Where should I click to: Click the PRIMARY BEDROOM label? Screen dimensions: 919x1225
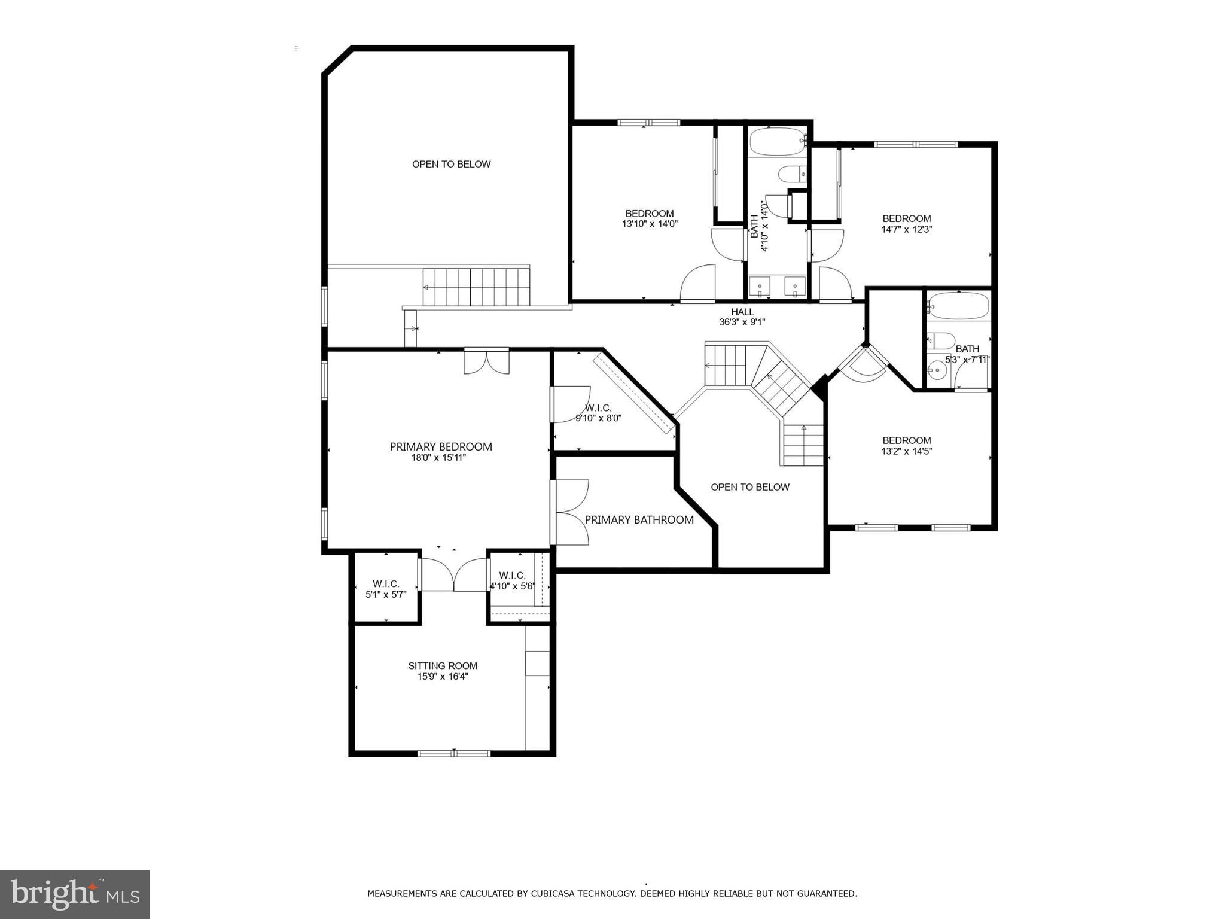[x=441, y=446]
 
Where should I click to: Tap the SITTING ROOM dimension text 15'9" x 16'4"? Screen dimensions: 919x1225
[x=443, y=677]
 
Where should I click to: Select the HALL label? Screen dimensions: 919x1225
[x=742, y=312]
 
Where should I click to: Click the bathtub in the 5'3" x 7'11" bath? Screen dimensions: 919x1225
[x=959, y=306]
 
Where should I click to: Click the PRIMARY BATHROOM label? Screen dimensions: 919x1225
[x=639, y=520]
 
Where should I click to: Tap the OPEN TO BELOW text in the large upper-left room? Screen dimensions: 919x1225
[x=451, y=164]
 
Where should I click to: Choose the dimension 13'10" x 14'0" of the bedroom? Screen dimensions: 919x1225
[x=650, y=224]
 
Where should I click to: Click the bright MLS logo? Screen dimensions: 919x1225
[x=75, y=894]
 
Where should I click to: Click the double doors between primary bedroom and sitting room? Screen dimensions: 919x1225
[x=454, y=574]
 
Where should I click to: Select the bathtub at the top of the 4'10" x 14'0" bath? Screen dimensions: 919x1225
[x=777, y=141]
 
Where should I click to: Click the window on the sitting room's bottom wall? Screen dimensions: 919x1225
[x=454, y=753]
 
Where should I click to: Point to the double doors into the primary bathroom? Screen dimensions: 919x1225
[x=572, y=512]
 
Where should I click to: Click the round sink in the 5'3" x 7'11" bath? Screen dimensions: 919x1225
[x=937, y=371]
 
